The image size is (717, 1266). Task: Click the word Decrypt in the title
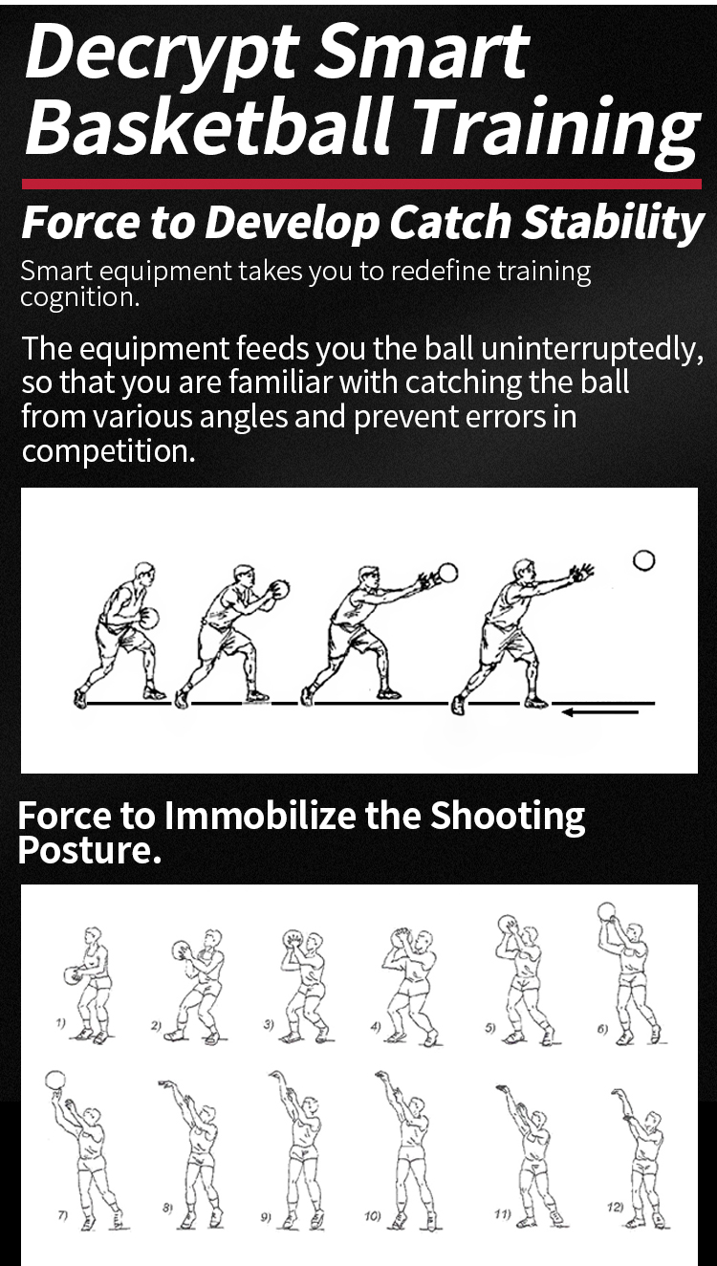162,52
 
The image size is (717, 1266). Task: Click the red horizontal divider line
361,184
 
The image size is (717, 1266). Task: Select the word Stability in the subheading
612,223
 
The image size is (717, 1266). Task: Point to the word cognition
79,297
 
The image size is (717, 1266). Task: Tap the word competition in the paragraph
107,451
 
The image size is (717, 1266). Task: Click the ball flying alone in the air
643,560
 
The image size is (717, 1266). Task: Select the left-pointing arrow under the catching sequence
600,712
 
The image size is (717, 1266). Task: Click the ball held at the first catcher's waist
149,618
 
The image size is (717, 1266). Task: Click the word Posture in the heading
89,849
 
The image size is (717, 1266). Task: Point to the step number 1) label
60,1022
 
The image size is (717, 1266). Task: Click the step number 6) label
602,1029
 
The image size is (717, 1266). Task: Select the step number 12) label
616,1207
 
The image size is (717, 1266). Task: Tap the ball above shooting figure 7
54,1081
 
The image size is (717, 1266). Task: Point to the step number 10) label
372,1215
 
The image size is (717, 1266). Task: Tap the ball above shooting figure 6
606,912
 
